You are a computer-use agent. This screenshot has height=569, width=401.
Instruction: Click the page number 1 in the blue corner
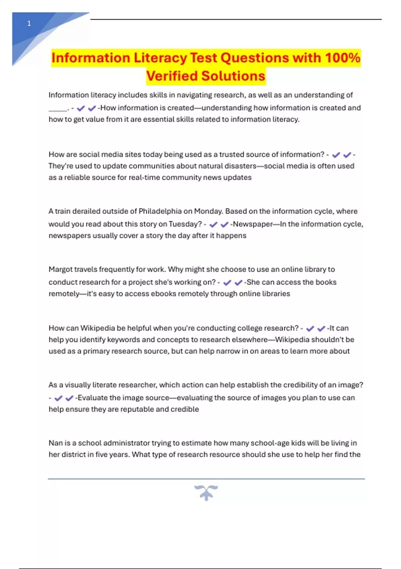coord(29,23)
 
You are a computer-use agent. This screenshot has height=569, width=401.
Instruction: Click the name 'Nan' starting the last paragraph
coord(55,443)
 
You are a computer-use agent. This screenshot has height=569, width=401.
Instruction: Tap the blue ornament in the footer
coord(206,492)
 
